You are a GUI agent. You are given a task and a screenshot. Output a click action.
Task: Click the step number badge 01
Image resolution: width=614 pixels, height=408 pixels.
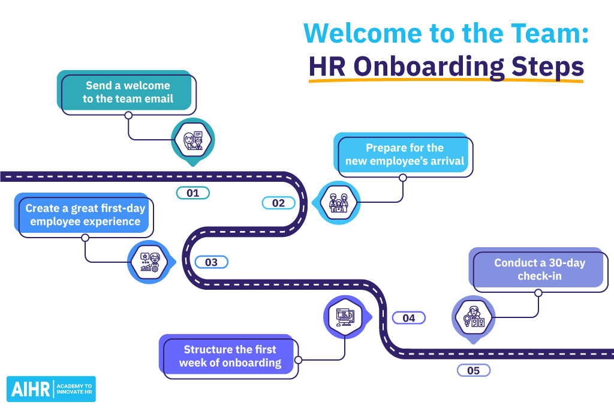click(x=192, y=193)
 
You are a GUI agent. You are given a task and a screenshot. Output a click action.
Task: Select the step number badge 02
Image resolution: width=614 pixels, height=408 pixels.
click(x=278, y=203)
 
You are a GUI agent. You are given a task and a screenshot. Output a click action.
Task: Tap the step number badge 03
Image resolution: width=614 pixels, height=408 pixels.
click(x=211, y=262)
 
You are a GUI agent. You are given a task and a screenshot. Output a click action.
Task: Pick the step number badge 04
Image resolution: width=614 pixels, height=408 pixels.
click(x=408, y=318)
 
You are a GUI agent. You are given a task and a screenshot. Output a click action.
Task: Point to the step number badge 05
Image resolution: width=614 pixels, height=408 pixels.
click(x=474, y=370)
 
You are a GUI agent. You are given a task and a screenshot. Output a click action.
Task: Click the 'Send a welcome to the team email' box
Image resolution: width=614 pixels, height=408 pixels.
click(x=127, y=92)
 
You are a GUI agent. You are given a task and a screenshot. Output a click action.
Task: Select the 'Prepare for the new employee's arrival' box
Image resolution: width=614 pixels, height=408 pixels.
click(x=404, y=155)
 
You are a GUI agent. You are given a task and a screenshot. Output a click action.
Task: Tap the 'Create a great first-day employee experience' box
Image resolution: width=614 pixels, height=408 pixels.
click(x=84, y=215)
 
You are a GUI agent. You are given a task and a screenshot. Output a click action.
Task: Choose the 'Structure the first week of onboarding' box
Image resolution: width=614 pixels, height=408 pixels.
click(x=228, y=356)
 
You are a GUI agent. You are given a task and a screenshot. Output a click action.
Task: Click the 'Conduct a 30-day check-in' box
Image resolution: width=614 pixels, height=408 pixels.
click(x=538, y=269)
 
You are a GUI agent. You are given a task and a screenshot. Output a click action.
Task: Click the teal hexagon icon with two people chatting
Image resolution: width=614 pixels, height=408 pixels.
click(x=192, y=140)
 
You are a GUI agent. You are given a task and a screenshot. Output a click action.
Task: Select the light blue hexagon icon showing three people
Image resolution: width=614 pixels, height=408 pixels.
click(x=338, y=203)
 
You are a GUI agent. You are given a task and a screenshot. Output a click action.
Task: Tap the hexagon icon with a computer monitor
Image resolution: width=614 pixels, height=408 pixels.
click(x=346, y=317)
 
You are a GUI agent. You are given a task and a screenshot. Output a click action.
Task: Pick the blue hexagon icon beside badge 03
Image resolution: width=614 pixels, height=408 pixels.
click(x=151, y=262)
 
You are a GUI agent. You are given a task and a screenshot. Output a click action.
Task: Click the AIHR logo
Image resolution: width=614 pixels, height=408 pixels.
click(x=52, y=389)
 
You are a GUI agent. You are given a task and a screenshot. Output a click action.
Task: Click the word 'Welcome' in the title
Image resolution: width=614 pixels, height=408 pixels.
click(x=363, y=34)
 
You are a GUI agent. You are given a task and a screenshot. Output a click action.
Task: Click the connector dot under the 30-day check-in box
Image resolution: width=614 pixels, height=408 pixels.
click(x=538, y=293)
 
